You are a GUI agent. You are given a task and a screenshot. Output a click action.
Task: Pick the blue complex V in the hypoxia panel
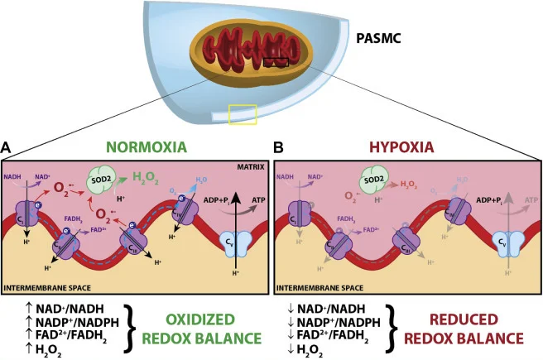click(500, 243)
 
